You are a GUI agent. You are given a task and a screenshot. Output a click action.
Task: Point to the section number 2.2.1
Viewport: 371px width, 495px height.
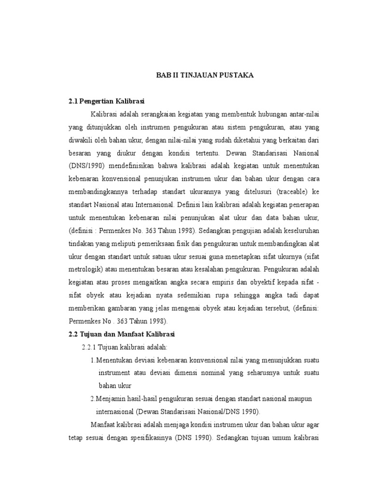point(90,348)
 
